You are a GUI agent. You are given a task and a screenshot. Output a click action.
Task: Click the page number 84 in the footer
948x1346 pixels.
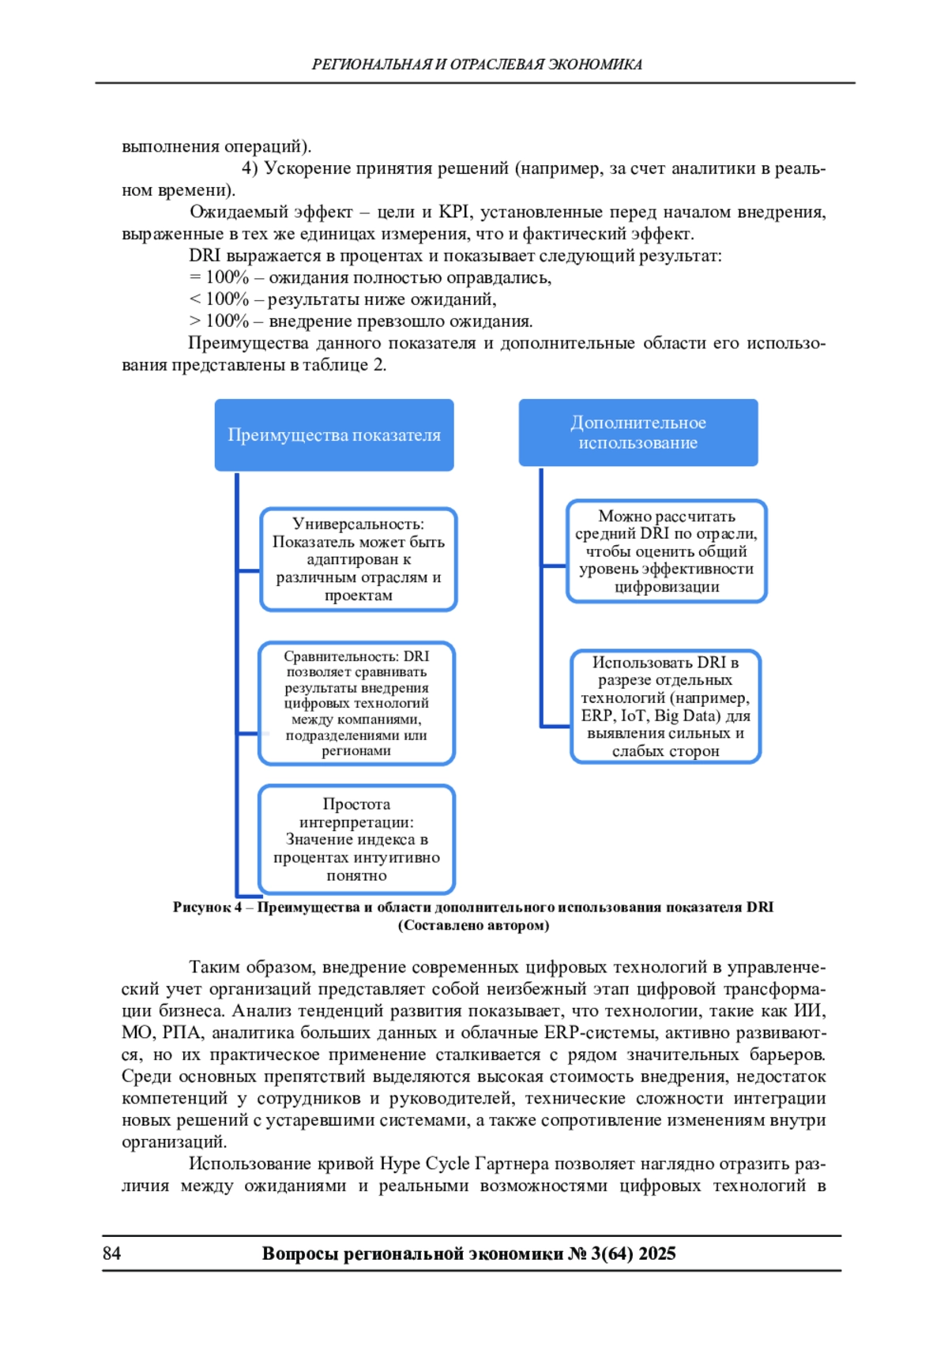[x=111, y=1254]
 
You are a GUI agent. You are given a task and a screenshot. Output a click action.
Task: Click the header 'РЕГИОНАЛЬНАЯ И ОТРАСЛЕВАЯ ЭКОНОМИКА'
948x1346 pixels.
[x=476, y=65]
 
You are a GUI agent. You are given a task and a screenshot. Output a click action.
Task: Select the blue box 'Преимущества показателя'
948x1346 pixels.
[x=334, y=435]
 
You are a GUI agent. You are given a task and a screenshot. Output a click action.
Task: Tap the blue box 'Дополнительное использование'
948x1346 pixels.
[x=638, y=433]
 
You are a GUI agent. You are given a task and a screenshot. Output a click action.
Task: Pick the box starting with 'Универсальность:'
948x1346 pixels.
[x=359, y=559]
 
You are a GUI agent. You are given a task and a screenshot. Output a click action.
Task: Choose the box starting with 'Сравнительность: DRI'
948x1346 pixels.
[x=356, y=703]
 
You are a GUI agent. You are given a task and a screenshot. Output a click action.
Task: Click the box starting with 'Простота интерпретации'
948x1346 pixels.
[x=356, y=840]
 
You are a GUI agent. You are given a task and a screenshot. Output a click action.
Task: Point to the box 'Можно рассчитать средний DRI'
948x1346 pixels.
[x=666, y=551]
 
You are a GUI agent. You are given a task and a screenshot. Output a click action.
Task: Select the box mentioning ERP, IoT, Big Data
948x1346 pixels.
[x=665, y=706]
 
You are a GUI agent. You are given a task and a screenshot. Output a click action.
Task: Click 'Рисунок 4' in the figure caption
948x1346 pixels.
[x=207, y=908]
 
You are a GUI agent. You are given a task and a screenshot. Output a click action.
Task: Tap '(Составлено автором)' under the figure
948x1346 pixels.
[x=473, y=926]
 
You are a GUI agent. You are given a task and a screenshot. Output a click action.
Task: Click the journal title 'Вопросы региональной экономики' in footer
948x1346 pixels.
[x=412, y=1254]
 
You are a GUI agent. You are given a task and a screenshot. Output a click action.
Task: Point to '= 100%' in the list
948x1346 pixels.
[x=219, y=277]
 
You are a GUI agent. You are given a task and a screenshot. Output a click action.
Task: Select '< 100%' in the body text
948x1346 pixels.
[x=219, y=299]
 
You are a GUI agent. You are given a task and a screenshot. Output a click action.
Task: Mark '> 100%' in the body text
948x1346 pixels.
[x=219, y=321]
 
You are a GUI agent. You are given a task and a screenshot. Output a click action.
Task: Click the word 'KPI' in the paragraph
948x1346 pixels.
[x=453, y=212]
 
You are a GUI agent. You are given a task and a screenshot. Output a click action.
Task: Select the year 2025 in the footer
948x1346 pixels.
[x=657, y=1254]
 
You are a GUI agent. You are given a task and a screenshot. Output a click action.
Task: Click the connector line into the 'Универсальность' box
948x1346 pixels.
[x=249, y=570]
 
